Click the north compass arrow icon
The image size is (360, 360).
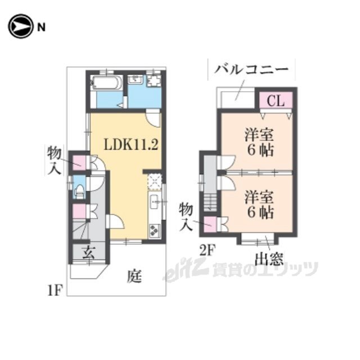pyautogui.click(x=20, y=26)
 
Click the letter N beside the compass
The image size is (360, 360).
pyautogui.click(x=41, y=28)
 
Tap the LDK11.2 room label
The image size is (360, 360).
pyautogui.click(x=131, y=145)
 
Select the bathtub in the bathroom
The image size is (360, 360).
pyautogui.click(x=106, y=83)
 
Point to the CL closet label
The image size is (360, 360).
pyautogui.click(x=276, y=101)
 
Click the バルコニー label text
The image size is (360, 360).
pyautogui.click(x=251, y=69)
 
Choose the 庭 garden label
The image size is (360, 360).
pyautogui.click(x=134, y=276)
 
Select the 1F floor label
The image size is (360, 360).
pyautogui.click(x=55, y=291)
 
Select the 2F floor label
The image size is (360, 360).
pyautogui.click(x=207, y=250)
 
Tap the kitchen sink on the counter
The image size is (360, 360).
pyautogui.click(x=154, y=202)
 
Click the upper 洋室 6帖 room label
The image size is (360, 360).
pyautogui.click(x=259, y=142)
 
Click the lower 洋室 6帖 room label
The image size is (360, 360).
pyautogui.click(x=259, y=205)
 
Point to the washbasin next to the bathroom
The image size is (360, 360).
pyautogui.click(x=136, y=79)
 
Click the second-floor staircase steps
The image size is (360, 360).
pyautogui.click(x=210, y=202)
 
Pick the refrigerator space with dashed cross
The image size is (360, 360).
pyautogui.click(x=155, y=182)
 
